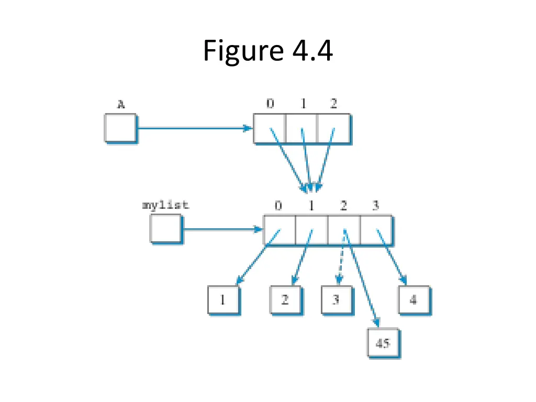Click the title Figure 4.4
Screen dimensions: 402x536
tap(267, 51)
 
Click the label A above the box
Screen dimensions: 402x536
tap(120, 105)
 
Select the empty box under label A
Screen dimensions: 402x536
tap(120, 128)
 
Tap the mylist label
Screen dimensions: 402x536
tap(165, 205)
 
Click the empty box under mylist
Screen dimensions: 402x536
tap(165, 229)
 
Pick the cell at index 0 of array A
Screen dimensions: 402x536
tap(270, 128)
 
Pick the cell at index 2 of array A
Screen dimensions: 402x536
tap(333, 128)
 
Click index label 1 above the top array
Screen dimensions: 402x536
tap(303, 104)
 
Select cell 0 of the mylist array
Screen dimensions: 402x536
tap(279, 229)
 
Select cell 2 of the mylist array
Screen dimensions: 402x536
tap(344, 229)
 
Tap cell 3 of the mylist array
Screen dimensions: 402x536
tap(376, 229)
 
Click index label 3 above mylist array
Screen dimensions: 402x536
tap(375, 206)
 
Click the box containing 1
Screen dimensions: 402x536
tap(223, 300)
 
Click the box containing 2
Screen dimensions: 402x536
tap(285, 300)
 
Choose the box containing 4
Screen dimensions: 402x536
tap(414, 300)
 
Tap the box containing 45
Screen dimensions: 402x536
tap(383, 343)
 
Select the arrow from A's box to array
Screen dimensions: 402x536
tap(194, 128)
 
